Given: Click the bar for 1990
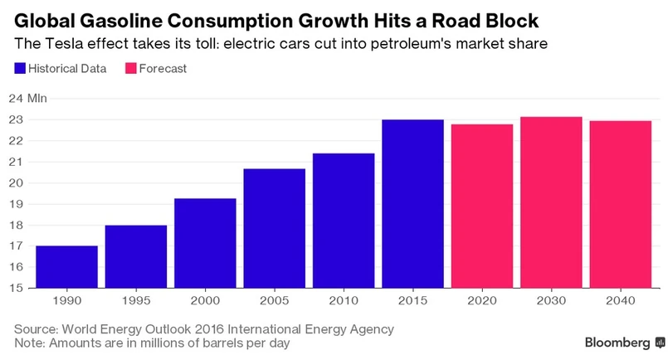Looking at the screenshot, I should click(66, 267).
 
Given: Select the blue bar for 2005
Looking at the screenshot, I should click(274, 228).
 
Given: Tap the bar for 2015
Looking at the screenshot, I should click(412, 204).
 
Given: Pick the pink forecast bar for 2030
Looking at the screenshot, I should click(551, 202).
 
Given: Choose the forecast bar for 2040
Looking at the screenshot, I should click(620, 205).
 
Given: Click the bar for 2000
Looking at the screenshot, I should click(205, 243).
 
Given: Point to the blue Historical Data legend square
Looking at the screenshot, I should click(20, 68).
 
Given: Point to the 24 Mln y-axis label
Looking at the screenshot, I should click(31, 99).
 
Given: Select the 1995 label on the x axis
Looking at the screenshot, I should click(135, 301).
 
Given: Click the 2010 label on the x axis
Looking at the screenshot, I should click(343, 301).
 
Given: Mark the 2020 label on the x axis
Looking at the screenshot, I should click(481, 301).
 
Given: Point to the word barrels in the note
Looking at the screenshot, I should click(224, 343).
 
